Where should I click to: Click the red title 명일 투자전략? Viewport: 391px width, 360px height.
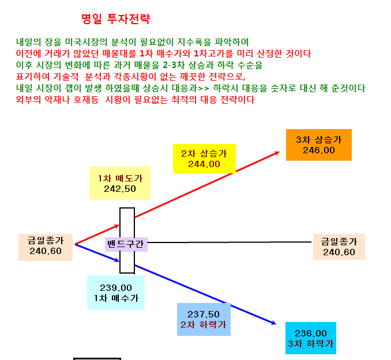[x=116, y=18]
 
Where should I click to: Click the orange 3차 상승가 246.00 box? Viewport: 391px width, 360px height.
[x=319, y=145]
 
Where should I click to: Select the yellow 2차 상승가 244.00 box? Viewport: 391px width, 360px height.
[x=204, y=158]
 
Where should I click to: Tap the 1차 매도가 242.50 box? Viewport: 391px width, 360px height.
[x=120, y=183]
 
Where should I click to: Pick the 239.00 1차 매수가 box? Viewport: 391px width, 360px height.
[x=116, y=293]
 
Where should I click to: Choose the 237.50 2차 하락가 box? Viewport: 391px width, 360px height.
[x=204, y=319]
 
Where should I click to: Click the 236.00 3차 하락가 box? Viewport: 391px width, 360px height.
[x=311, y=338]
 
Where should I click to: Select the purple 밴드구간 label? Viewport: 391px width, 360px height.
[x=126, y=244]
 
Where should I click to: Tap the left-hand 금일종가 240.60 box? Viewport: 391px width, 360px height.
[x=46, y=247]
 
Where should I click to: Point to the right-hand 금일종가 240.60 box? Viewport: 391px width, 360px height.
[x=339, y=247]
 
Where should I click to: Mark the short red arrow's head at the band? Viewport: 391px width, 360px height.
[x=118, y=226]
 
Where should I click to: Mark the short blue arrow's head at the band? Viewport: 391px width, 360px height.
[x=118, y=260]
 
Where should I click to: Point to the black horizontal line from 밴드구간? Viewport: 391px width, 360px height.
[x=230, y=242]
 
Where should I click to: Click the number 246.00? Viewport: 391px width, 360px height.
[x=319, y=150]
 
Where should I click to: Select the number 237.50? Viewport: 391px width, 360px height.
[x=204, y=314]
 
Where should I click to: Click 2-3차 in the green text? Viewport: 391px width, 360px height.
[x=174, y=65]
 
